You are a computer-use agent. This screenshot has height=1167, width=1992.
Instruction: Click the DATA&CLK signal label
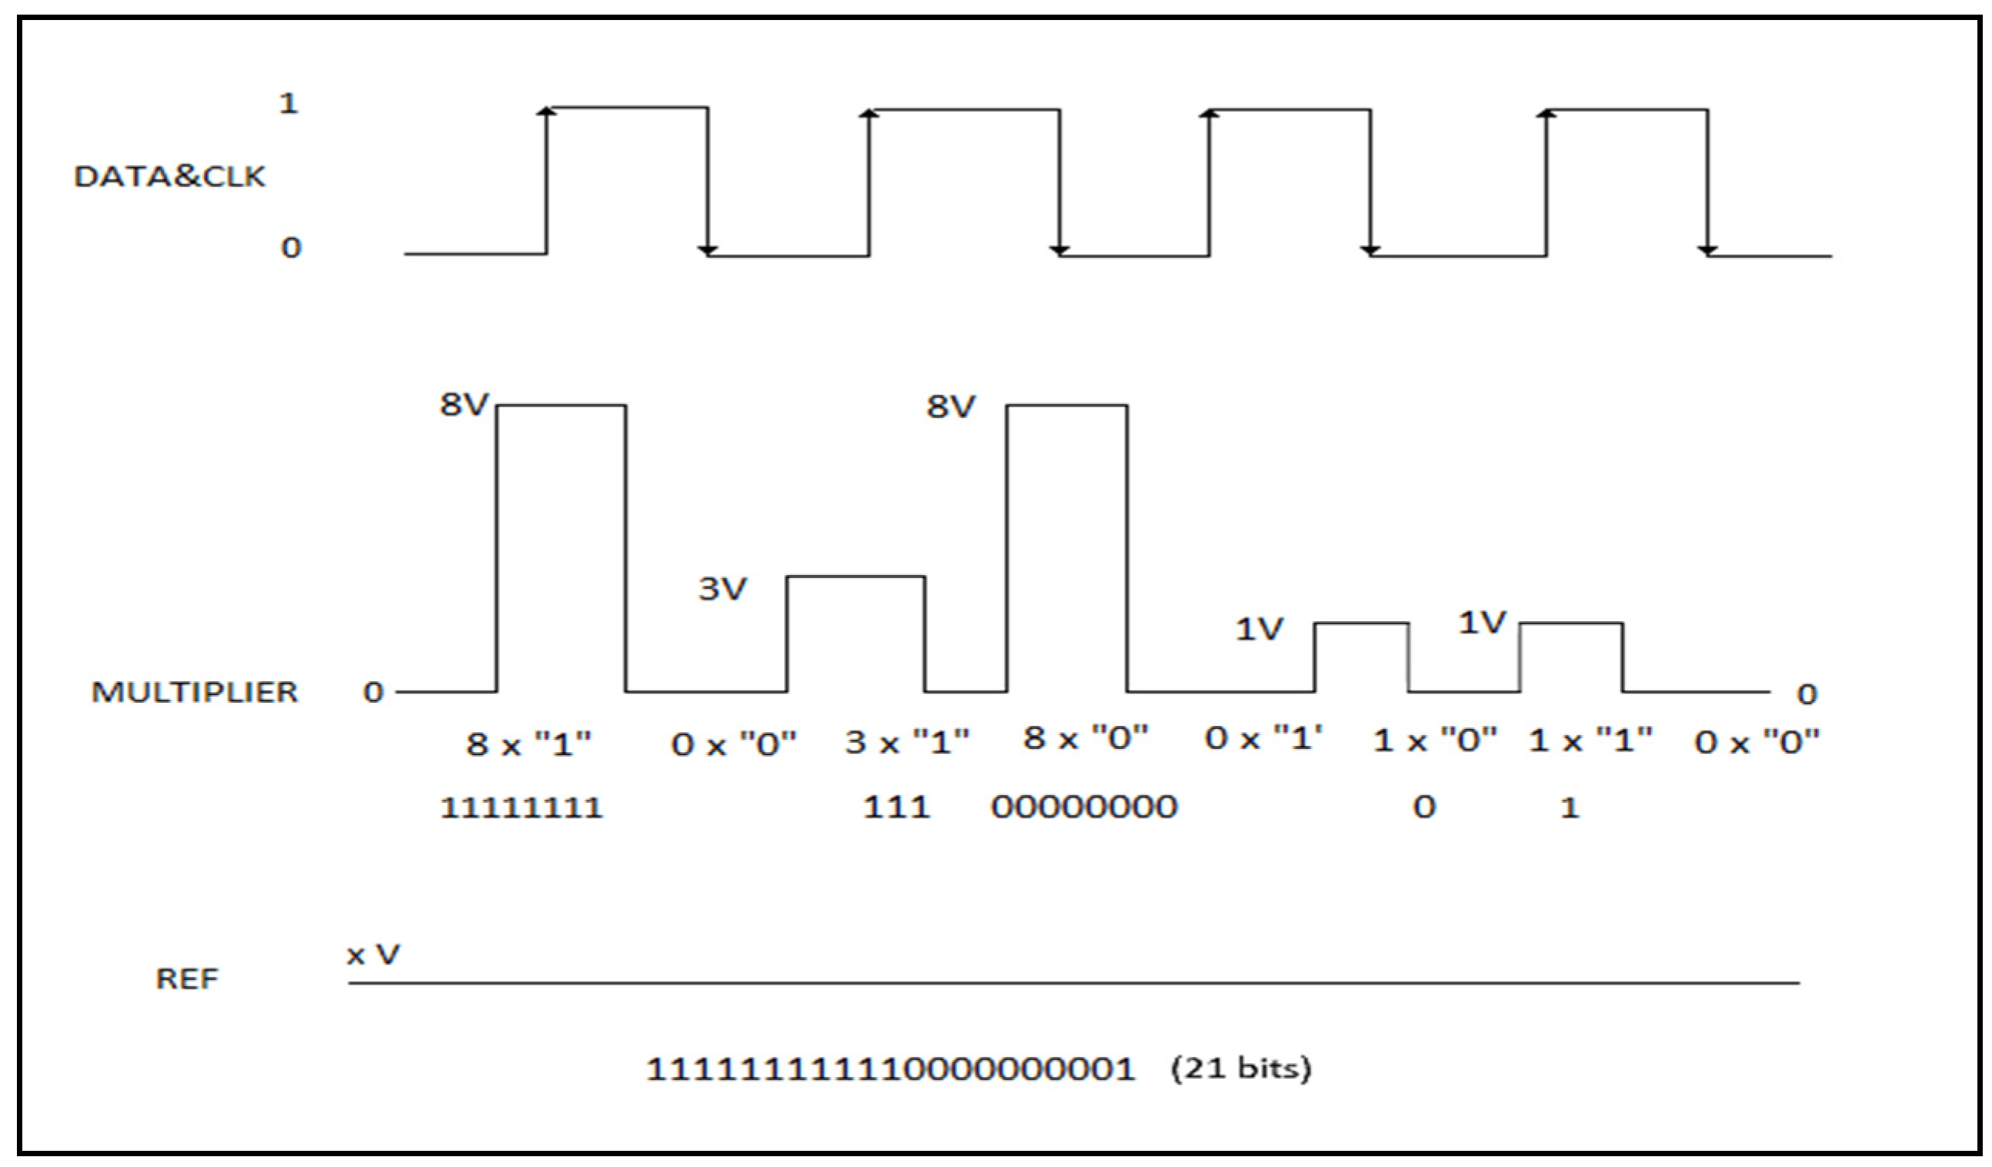[169, 176]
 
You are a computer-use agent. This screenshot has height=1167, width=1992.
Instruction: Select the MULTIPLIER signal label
[195, 692]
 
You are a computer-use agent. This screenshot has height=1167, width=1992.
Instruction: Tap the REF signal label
[186, 979]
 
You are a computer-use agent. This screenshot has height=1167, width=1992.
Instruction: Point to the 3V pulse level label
[722, 588]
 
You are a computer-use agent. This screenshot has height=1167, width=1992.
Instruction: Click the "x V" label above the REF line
[373, 955]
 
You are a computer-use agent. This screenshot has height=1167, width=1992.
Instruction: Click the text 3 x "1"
[906, 742]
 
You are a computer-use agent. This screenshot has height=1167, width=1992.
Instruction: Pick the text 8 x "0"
[1085, 738]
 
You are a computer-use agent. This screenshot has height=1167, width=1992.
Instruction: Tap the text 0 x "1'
[1263, 738]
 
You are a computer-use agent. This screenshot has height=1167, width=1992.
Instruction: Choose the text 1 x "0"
[1435, 741]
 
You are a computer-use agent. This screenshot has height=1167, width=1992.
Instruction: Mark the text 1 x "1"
[1590, 741]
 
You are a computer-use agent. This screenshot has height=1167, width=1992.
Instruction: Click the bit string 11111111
[522, 808]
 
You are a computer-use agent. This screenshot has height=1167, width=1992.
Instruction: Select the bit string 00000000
[1084, 808]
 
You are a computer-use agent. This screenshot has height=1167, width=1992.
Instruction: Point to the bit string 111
[896, 808]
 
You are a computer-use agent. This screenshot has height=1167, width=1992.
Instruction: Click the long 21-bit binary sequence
[891, 1070]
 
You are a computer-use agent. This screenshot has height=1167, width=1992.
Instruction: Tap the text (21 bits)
[1241, 1068]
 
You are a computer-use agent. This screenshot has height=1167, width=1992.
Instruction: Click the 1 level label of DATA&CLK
[289, 104]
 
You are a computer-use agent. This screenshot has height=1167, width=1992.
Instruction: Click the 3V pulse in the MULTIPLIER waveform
[856, 633]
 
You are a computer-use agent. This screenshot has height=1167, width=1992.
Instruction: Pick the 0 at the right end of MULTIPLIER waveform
[1807, 694]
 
